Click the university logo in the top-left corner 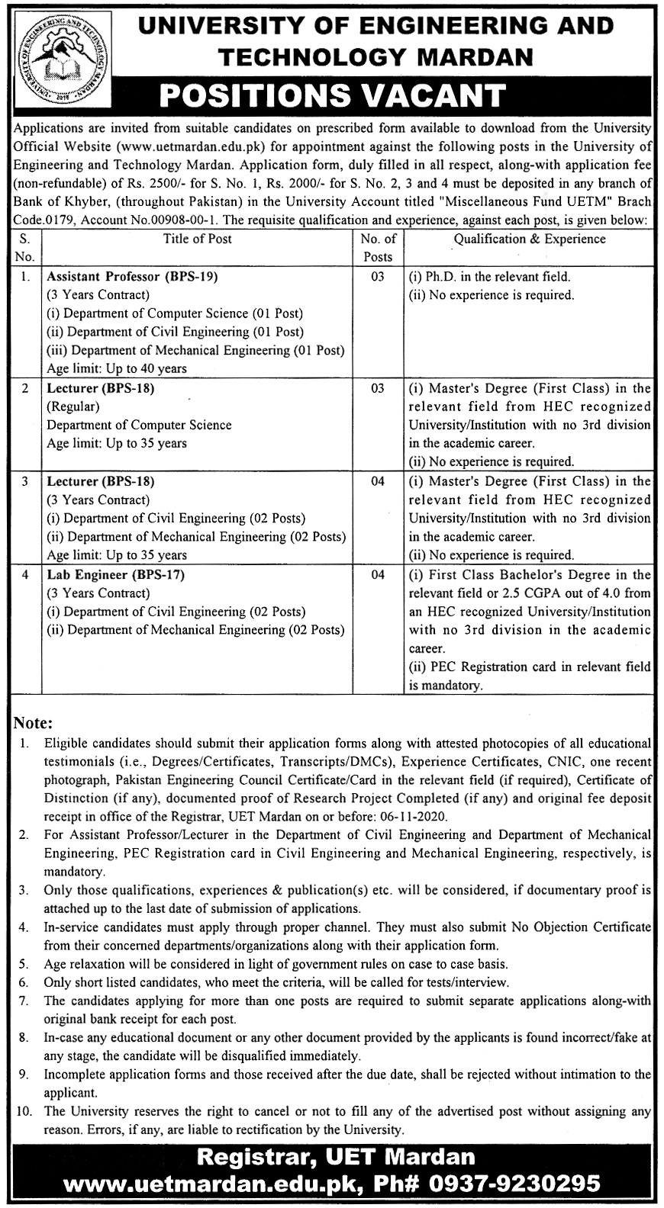(x=50, y=54)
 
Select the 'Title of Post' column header (x=198, y=239)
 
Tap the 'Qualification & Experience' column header (x=529, y=239)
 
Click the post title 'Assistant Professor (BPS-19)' (x=132, y=277)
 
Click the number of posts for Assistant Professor (x=378, y=277)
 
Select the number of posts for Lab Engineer (x=378, y=574)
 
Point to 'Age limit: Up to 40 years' (x=117, y=368)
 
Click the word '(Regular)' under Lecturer (x=73, y=406)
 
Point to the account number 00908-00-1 (x=204, y=219)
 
